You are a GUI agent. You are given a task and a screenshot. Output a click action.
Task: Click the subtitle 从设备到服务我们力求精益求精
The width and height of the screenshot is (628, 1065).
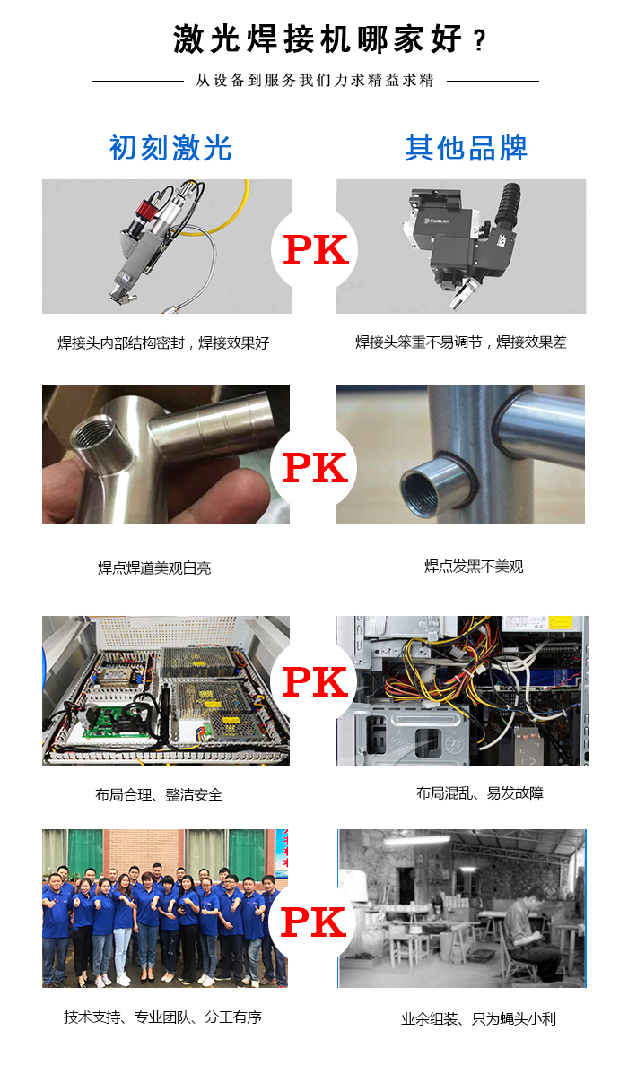pos(314,81)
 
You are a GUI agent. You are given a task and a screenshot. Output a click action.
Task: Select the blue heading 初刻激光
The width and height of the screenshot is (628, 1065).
pos(170,148)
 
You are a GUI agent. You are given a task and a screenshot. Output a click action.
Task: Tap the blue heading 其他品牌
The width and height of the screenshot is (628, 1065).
pos(466,148)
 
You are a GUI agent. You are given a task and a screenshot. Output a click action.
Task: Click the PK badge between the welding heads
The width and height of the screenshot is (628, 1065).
pos(315,250)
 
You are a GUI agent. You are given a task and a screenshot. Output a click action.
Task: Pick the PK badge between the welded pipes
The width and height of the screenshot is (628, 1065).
pos(315,466)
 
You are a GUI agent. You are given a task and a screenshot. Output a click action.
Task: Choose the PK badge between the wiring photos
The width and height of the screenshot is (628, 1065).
pos(315,682)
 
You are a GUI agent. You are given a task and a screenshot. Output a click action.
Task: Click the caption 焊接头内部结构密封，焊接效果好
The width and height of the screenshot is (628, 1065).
pos(163,342)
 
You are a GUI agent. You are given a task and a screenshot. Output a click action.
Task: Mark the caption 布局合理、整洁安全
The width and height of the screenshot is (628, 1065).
pos(159,794)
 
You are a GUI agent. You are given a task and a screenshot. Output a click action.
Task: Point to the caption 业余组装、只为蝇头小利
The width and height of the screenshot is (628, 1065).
pos(478,1018)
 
